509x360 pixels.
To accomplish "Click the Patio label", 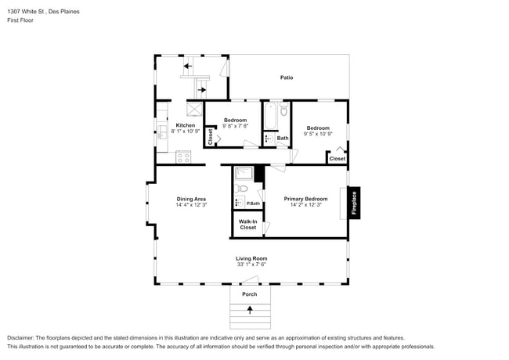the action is pos(287,77).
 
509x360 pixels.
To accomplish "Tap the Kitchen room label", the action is pos(186,125).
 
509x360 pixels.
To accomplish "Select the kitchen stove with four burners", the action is pos(183,157).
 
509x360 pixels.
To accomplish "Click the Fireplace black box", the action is pos(354,203).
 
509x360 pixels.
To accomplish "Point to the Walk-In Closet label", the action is pos(248,225).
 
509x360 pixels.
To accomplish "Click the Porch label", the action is pos(250,294).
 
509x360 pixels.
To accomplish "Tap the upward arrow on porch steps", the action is pos(250,310).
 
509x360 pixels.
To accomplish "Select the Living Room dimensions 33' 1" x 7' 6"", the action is pos(251,265).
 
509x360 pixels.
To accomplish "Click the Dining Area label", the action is pos(191,199).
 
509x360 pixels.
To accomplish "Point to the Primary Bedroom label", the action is pos(305,199).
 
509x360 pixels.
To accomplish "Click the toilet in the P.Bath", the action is pos(241,188).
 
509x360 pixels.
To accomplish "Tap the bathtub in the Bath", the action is pos(270,116).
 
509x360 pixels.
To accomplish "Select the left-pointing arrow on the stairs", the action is pos(188,67).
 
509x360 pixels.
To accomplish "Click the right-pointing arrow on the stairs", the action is pos(202,90).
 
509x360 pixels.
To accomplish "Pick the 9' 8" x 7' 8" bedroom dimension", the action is pos(236,126).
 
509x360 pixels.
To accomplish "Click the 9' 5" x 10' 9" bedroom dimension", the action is pos(318,134).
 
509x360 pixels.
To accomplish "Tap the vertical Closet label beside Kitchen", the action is pos(211,137).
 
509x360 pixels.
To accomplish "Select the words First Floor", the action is pos(20,20).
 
